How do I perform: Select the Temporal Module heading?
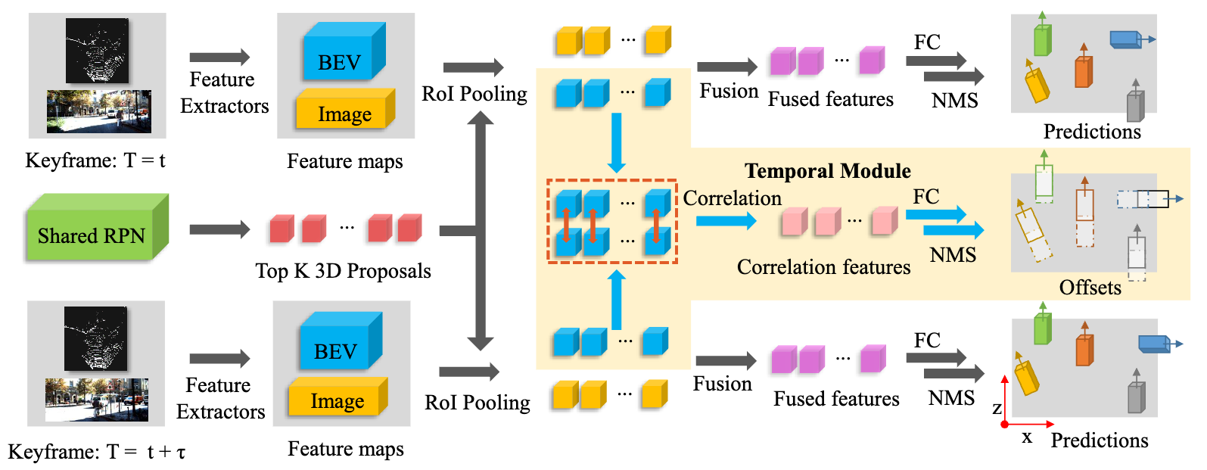click(x=827, y=171)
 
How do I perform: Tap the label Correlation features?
click(x=823, y=267)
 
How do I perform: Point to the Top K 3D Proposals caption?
click(x=343, y=271)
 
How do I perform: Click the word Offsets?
click(x=1090, y=288)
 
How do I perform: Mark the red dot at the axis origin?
click(x=1004, y=425)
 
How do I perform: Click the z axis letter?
click(x=997, y=409)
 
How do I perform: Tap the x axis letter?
click(x=1026, y=437)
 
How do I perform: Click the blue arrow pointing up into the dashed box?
click(x=617, y=300)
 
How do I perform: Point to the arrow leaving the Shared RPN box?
click(x=219, y=229)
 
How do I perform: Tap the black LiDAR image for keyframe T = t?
click(x=97, y=50)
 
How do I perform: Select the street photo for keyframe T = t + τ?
click(x=96, y=399)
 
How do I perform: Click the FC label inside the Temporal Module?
click(x=925, y=197)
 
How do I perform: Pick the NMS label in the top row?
click(x=954, y=101)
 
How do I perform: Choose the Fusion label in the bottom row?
click(x=722, y=384)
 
